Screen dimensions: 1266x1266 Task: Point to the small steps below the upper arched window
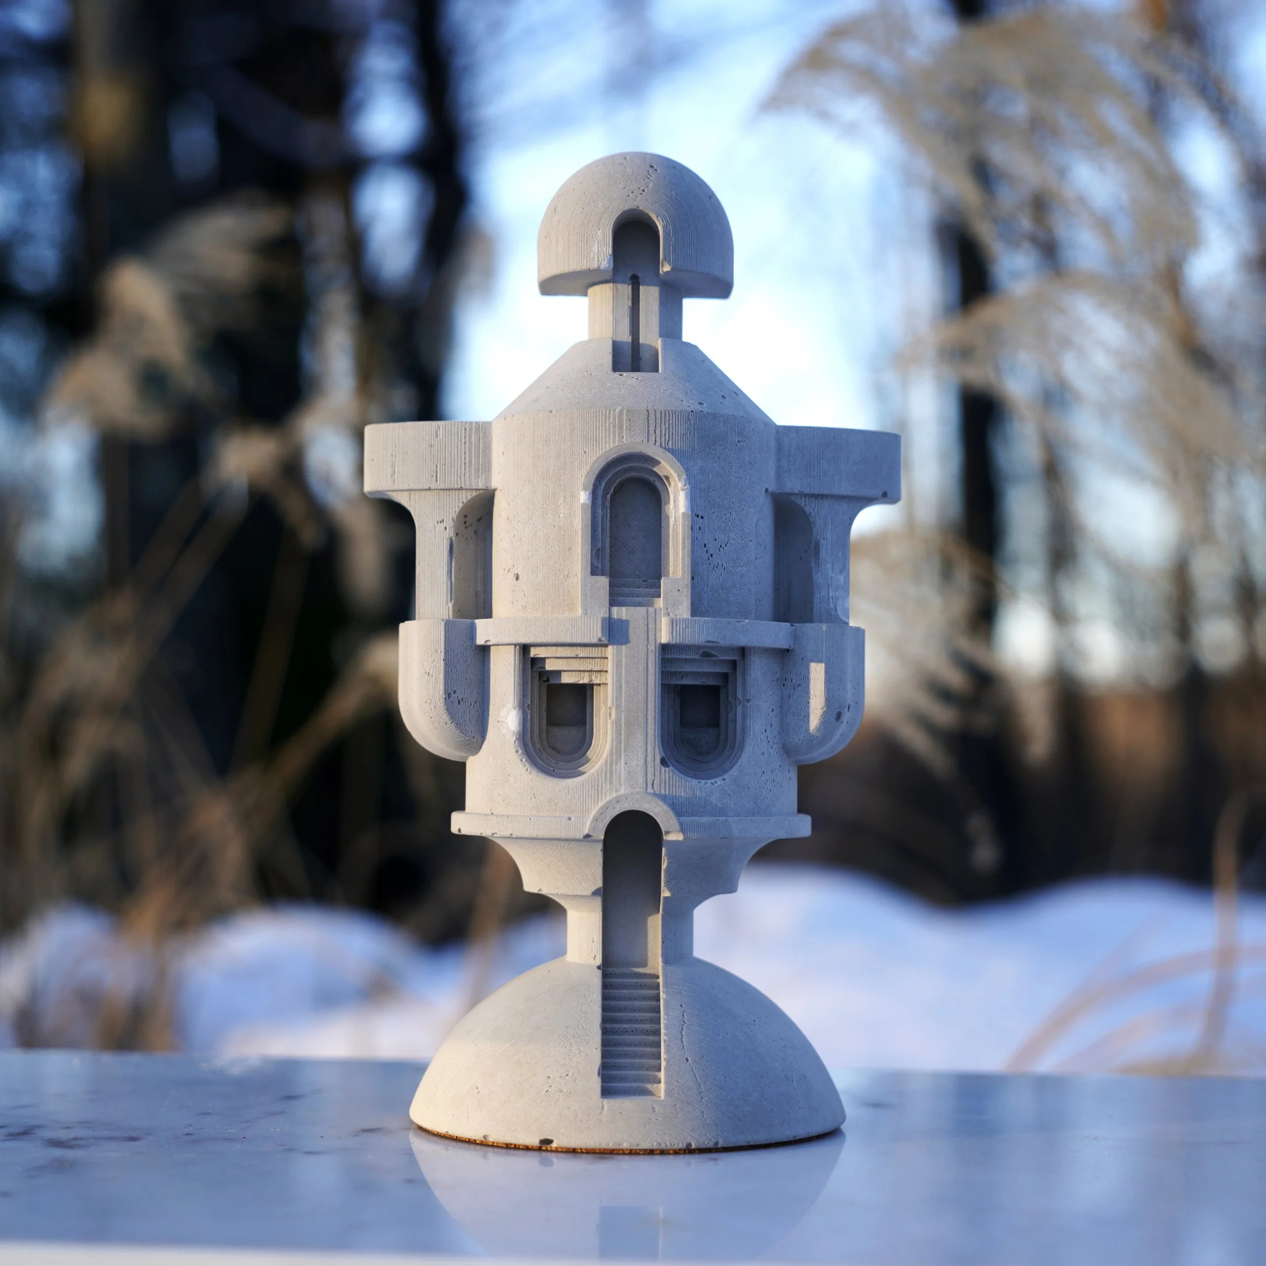[635, 598]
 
